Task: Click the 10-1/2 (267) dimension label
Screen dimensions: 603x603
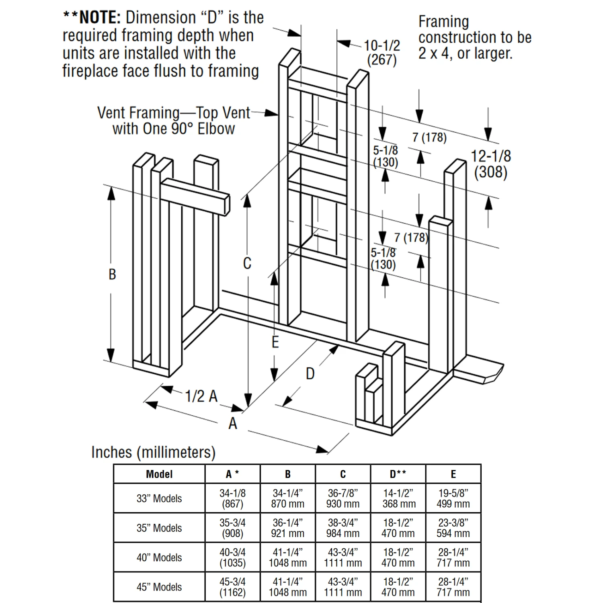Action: pos(382,52)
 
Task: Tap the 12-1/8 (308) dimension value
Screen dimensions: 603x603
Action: pos(490,164)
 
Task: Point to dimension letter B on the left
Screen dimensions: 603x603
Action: pos(112,274)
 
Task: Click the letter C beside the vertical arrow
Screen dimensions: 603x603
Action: pos(247,263)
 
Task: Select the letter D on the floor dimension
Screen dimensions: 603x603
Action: pos(310,374)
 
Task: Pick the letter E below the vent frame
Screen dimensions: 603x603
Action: pos(275,342)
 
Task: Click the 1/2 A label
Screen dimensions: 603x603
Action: pos(201,396)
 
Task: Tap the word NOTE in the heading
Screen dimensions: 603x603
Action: pos(100,18)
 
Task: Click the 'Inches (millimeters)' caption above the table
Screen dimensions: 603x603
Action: pos(153,452)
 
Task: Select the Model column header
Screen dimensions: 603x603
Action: pos(159,474)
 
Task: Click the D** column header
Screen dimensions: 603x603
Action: pos(398,474)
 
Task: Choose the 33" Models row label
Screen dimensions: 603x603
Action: pos(159,498)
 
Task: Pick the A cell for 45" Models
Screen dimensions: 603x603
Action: pos(232,587)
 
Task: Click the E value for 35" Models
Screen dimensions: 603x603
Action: pos(453,528)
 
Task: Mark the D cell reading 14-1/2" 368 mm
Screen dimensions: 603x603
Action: pos(398,498)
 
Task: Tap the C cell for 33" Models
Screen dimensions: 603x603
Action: pos(343,498)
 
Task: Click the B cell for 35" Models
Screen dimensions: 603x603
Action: pos(287,528)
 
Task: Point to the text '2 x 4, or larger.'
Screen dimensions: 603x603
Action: pos(465,53)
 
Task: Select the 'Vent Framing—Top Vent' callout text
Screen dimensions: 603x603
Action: pos(174,113)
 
